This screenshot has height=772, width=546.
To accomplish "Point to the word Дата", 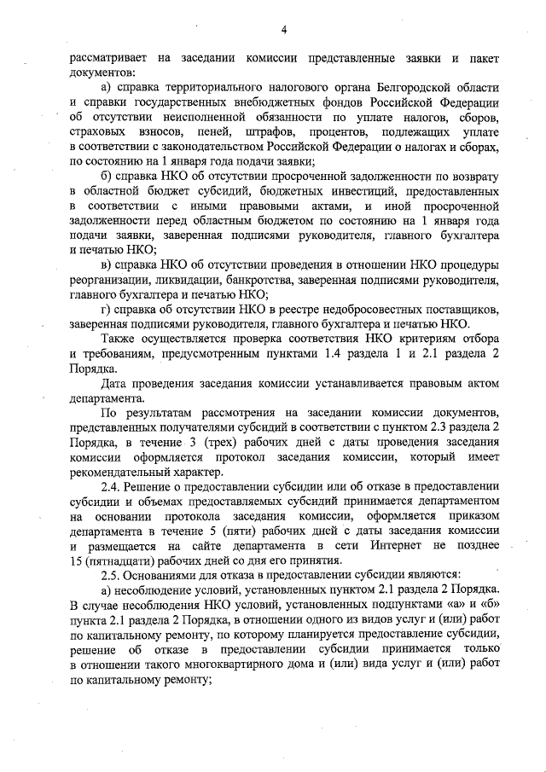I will coord(116,381).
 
